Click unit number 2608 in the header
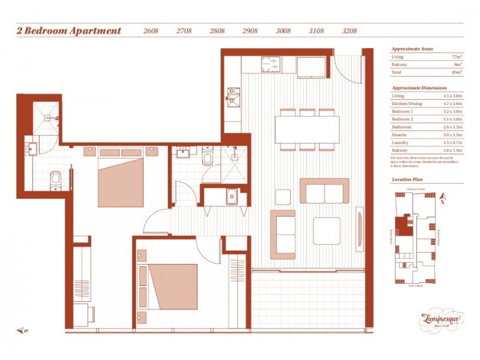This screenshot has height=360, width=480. [x=151, y=31]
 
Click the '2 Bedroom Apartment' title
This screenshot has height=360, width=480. [x=69, y=31]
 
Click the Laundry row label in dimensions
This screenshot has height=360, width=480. [x=400, y=143]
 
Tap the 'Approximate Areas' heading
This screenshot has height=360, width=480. [x=412, y=48]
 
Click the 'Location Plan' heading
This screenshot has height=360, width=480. [x=408, y=179]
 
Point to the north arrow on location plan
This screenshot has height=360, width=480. [x=442, y=198]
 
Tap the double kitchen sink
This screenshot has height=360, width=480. [x=233, y=96]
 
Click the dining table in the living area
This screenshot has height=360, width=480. [x=307, y=129]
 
